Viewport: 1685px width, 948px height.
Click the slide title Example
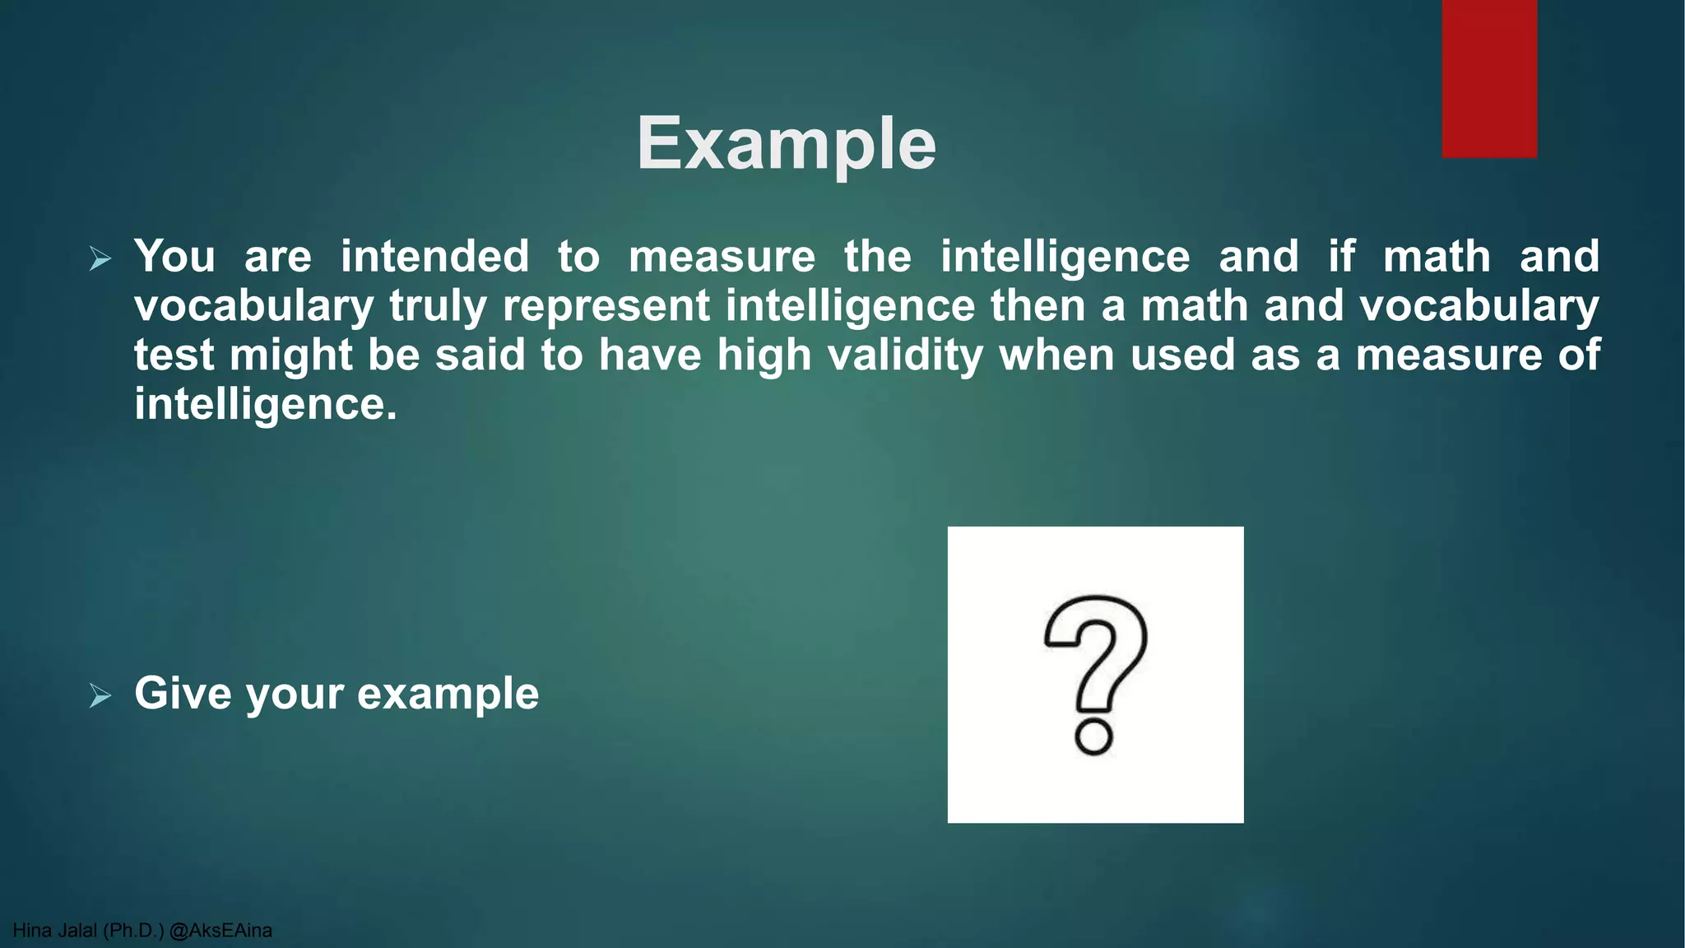pos(787,145)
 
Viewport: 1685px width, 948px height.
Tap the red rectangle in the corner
pos(1489,78)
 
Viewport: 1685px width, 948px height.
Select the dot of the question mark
pos(1094,737)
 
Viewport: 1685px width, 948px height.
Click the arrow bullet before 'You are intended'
pos(100,259)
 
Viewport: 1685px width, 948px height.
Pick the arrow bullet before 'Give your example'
pos(100,696)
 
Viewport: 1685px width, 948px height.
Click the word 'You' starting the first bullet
pos(174,257)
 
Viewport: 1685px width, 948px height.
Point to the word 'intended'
pos(435,257)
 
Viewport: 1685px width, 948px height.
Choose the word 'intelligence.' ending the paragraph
pos(265,405)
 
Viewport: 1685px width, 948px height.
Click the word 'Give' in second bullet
pos(183,694)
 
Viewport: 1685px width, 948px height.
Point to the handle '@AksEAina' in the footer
pos(220,931)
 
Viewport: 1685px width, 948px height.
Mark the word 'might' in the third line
pos(291,355)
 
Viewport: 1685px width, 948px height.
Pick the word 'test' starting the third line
pos(174,355)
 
